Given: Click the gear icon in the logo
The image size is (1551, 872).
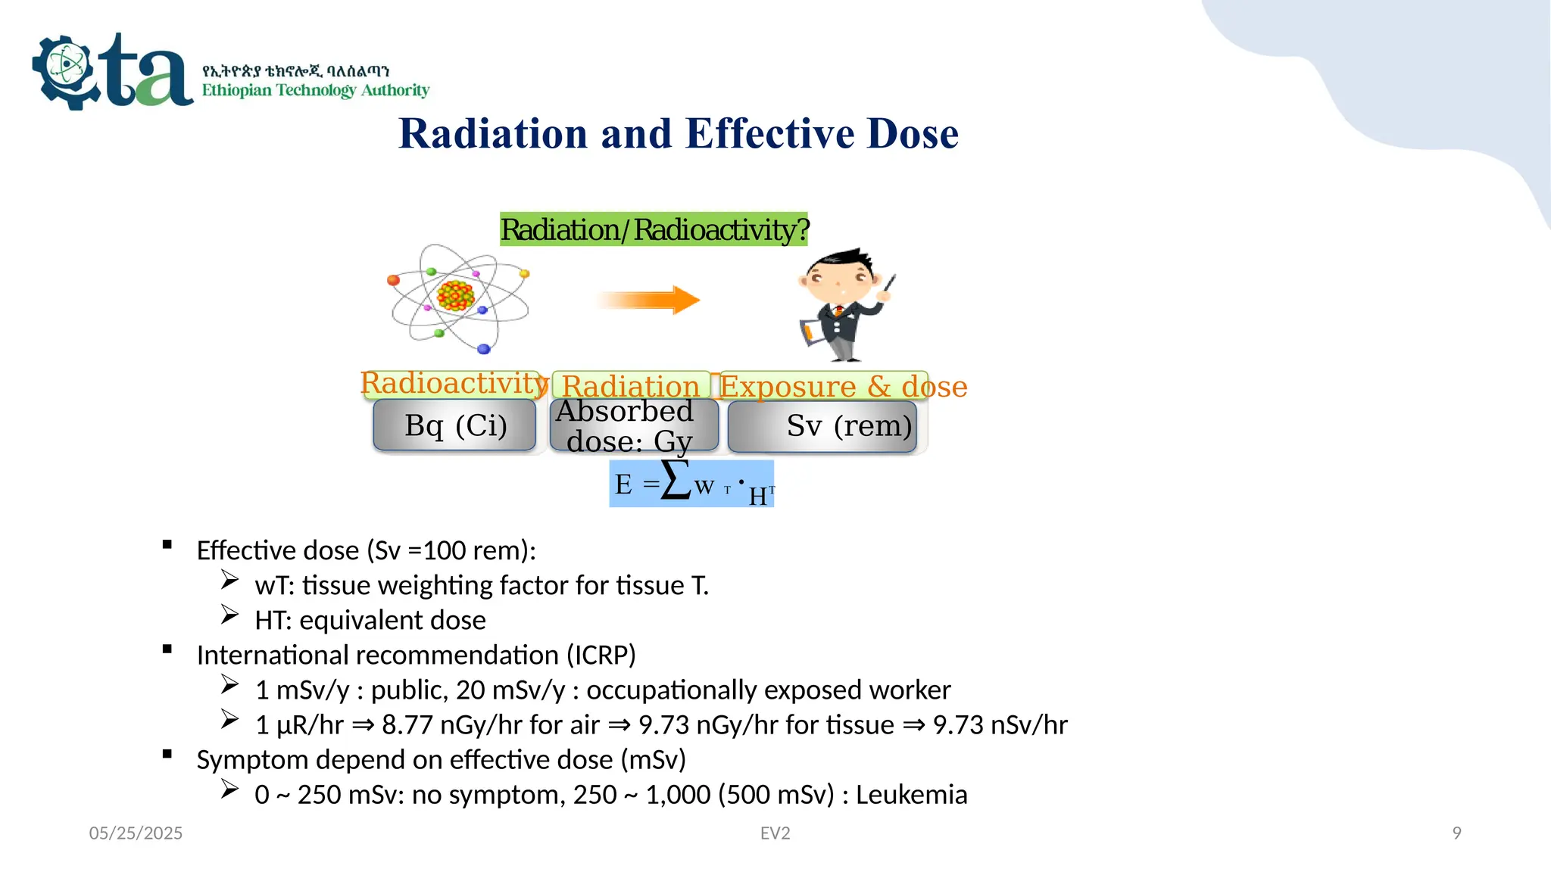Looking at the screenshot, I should (67, 72).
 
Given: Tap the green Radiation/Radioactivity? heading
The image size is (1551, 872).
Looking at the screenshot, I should (654, 229).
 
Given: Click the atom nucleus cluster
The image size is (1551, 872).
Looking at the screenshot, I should (455, 295).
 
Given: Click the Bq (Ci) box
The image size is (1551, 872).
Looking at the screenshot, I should (455, 425).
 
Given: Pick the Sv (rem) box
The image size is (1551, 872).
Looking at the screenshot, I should (822, 426).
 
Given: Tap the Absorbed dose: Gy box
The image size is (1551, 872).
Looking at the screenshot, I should (633, 426).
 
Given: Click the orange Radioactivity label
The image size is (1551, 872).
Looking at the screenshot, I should (452, 383).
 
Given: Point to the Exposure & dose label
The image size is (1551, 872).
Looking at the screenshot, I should (842, 387).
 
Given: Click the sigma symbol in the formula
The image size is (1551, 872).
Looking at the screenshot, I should (676, 480).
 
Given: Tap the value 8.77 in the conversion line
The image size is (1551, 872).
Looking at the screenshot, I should (407, 725).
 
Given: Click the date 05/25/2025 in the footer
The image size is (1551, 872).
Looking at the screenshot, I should (136, 833).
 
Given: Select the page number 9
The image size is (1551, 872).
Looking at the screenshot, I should (1456, 833).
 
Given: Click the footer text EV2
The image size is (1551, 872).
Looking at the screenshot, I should (775, 833).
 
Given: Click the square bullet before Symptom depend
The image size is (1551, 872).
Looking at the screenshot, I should (167, 754).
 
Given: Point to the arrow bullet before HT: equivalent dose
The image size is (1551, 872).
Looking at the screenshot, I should (230, 615).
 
